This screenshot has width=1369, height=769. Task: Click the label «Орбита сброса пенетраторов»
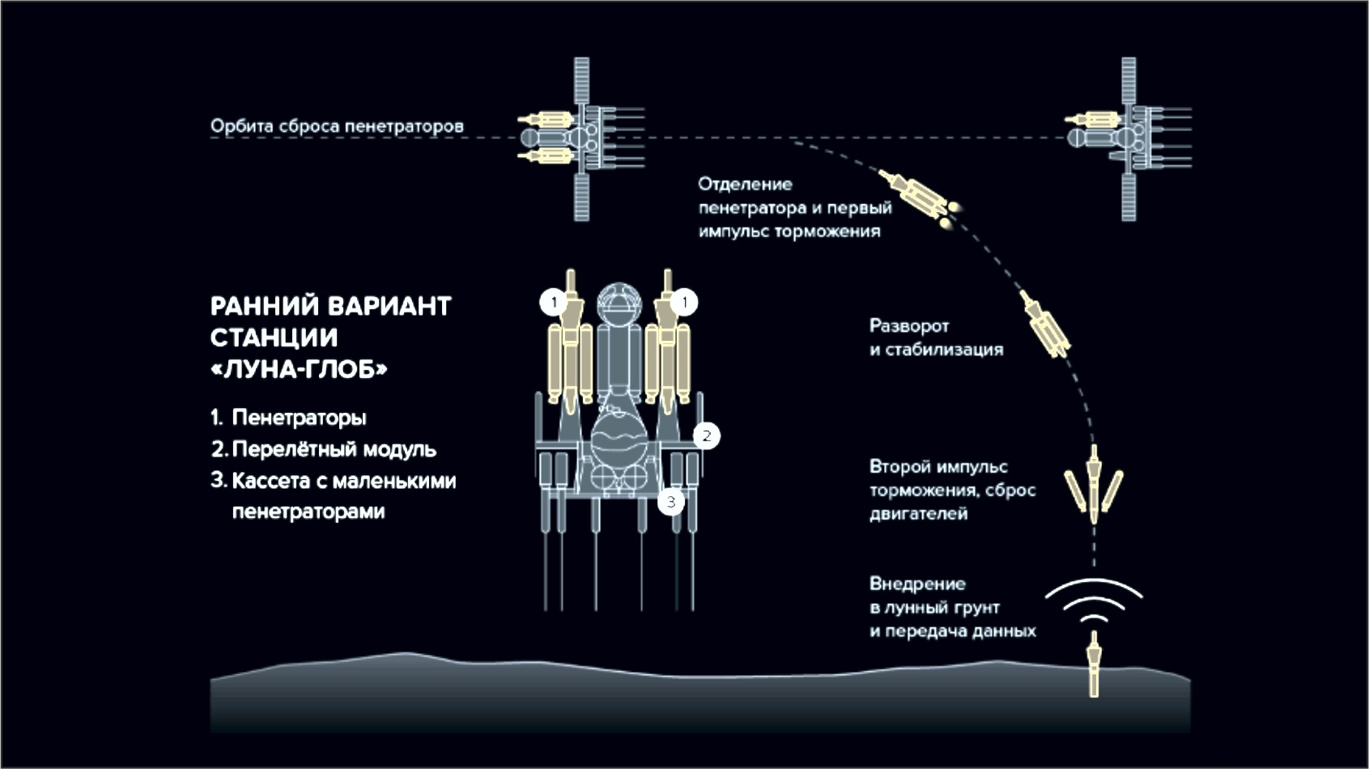pos(337,126)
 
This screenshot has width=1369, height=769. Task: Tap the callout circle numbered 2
pos(706,435)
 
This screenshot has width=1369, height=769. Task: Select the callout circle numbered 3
pos(670,502)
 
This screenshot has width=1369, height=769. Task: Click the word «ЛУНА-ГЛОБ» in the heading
pos(299,370)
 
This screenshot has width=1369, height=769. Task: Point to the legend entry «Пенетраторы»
pos(299,418)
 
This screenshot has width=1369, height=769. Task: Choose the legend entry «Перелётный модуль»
pos(334,449)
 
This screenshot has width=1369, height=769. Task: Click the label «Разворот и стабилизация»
pos(936,338)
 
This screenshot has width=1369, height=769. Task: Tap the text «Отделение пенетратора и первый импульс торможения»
pos(795,208)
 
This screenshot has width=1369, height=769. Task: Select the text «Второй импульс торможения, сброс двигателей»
pos(952,490)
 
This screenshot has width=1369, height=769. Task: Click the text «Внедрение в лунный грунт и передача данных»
pos(952,607)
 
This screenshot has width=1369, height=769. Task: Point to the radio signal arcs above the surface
pos(1094,601)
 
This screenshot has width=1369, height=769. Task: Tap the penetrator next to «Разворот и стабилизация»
pos(1045,325)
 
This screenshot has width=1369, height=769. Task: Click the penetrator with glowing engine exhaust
pos(918,196)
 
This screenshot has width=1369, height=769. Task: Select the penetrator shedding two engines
pos(1095,486)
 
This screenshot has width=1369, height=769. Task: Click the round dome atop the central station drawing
pos(619,300)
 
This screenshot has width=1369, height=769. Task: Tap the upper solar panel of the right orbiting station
pos(1129,80)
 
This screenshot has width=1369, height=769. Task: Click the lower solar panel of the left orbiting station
pos(581,196)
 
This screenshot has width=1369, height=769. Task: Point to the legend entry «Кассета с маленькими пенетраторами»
pos(344,495)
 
